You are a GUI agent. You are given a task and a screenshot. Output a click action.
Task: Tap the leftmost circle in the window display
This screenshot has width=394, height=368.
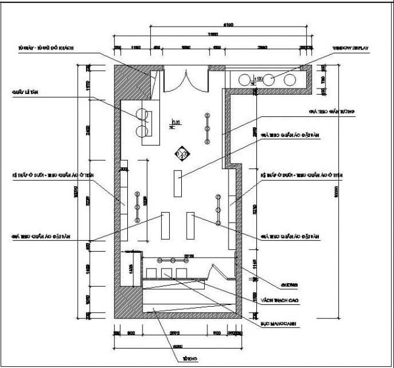(245, 79)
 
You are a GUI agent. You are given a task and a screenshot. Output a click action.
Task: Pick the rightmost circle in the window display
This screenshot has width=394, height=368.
(291, 79)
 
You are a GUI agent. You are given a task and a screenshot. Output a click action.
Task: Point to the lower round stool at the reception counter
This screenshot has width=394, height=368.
(144, 129)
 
